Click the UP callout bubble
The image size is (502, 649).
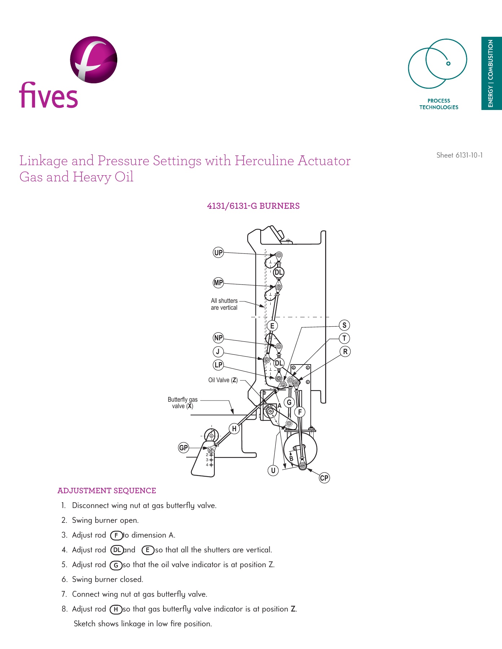pyautogui.click(x=218, y=252)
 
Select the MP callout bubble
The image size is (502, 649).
pyautogui.click(x=218, y=283)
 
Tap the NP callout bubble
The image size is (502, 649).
pyautogui.click(x=218, y=338)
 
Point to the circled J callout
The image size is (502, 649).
pyautogui.click(x=218, y=352)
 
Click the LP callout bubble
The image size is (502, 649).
pyautogui.click(x=218, y=365)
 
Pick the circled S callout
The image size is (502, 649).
pyautogui.click(x=344, y=325)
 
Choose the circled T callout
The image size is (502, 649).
pyautogui.click(x=344, y=338)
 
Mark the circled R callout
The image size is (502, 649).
pyautogui.click(x=345, y=352)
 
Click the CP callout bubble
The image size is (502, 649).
pyautogui.click(x=324, y=478)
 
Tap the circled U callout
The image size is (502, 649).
pyautogui.click(x=273, y=471)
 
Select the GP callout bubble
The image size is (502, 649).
pyautogui.click(x=184, y=448)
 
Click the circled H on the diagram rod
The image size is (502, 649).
pyautogui.click(x=234, y=429)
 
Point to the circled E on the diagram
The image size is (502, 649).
pyautogui.click(x=272, y=326)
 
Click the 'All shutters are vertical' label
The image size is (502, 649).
pyautogui.click(x=224, y=304)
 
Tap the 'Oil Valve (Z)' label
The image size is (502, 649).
pyautogui.click(x=223, y=380)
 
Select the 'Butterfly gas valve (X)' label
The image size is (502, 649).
pyautogui.click(x=183, y=403)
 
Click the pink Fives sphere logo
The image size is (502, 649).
pyautogui.click(x=93, y=60)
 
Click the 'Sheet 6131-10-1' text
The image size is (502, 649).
pyautogui.click(x=459, y=155)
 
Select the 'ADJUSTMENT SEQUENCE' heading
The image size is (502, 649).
pyautogui.click(x=107, y=491)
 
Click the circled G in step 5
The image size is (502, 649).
pyautogui.click(x=116, y=565)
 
